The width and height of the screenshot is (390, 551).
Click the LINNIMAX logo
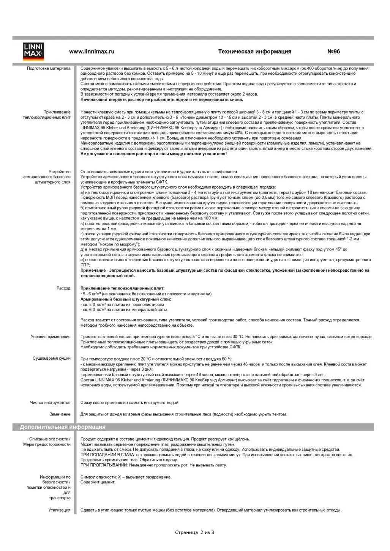pyautogui.click(x=33, y=52)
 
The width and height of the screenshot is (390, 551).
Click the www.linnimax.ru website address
pyautogui.click(x=92, y=52)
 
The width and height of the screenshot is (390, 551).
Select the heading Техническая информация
pyautogui.click(x=254, y=52)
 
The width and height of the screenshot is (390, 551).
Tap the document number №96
pyautogui.click(x=333, y=52)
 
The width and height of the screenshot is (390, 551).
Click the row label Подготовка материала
pyautogui.click(x=49, y=69)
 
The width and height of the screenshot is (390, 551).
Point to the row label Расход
pyautogui.click(x=63, y=288)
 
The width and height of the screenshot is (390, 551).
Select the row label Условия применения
pyautogui.click(x=51, y=337)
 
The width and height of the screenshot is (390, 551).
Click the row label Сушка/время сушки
pyautogui.click(x=52, y=359)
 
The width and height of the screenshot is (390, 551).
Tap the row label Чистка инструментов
pyautogui.click(x=50, y=403)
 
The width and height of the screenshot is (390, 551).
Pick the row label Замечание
pyautogui.click(x=60, y=414)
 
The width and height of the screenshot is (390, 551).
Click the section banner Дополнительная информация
pyautogui.click(x=63, y=427)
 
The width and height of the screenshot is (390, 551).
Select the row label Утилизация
pyautogui.click(x=59, y=510)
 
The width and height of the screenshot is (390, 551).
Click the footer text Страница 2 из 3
pyautogui.click(x=194, y=532)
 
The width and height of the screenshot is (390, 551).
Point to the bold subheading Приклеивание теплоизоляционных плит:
pyautogui.click(x=122, y=288)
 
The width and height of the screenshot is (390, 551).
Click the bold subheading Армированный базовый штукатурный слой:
pyautogui.click(x=126, y=299)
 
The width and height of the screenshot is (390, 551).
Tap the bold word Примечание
pyautogui.click(x=93, y=271)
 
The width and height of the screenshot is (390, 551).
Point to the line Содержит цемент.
pyautogui.click(x=98, y=482)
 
